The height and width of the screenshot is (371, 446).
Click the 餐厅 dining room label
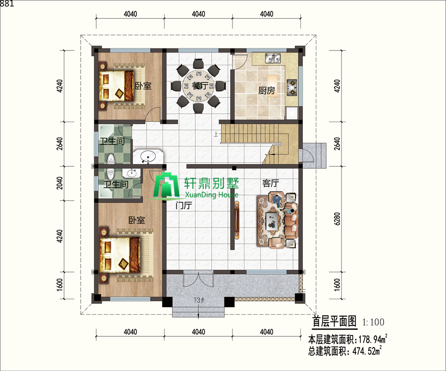[200, 86]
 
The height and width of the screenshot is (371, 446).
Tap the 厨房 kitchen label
[267, 91]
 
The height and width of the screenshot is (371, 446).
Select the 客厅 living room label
[271, 184]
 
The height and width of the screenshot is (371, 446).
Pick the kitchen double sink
[273, 59]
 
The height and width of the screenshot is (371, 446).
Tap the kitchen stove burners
[292, 87]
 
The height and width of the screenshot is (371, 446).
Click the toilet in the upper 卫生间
[111, 158]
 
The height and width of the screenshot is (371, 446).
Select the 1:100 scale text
[373, 322]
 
